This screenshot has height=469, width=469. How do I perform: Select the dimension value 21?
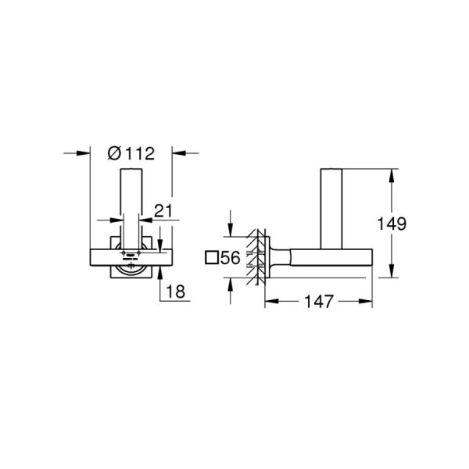pos(163,210)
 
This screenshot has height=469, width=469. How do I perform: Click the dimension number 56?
pos(229,258)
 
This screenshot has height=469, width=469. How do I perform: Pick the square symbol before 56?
pos(210,258)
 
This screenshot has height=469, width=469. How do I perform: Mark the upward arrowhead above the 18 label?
pos(160,270)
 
